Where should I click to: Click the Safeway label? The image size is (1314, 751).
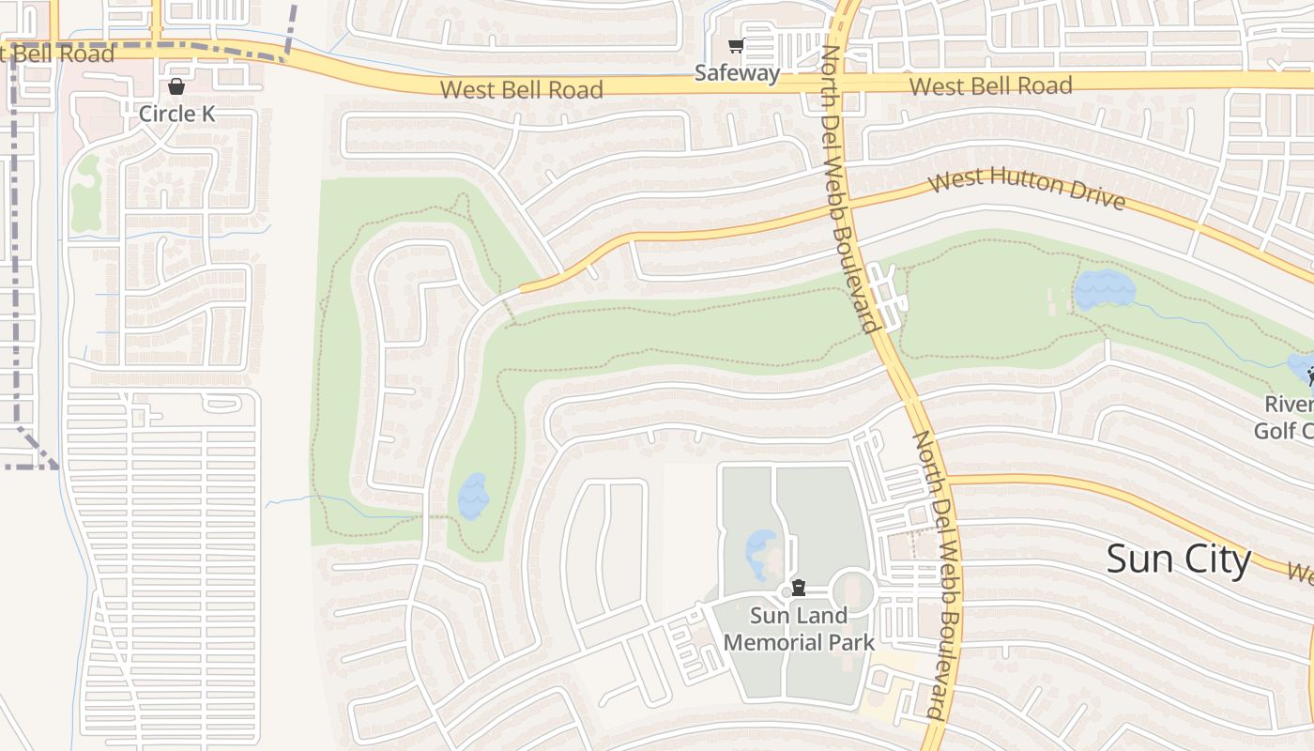click(x=737, y=73)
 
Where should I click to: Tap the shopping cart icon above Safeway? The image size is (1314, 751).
click(x=737, y=46)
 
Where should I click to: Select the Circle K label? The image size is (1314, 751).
click(x=176, y=114)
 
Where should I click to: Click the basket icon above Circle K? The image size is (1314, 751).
click(x=176, y=86)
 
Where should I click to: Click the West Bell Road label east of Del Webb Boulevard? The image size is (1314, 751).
click(x=990, y=86)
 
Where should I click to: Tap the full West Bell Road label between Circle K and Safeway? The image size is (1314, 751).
click(x=521, y=90)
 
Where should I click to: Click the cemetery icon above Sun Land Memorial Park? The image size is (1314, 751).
click(x=798, y=589)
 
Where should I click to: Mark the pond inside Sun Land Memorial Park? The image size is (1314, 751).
click(x=760, y=554)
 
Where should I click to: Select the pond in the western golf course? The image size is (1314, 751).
click(x=473, y=496)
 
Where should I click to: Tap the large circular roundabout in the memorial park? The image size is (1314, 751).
click(x=851, y=592)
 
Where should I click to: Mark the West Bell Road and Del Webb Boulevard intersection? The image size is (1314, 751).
click(x=842, y=83)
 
